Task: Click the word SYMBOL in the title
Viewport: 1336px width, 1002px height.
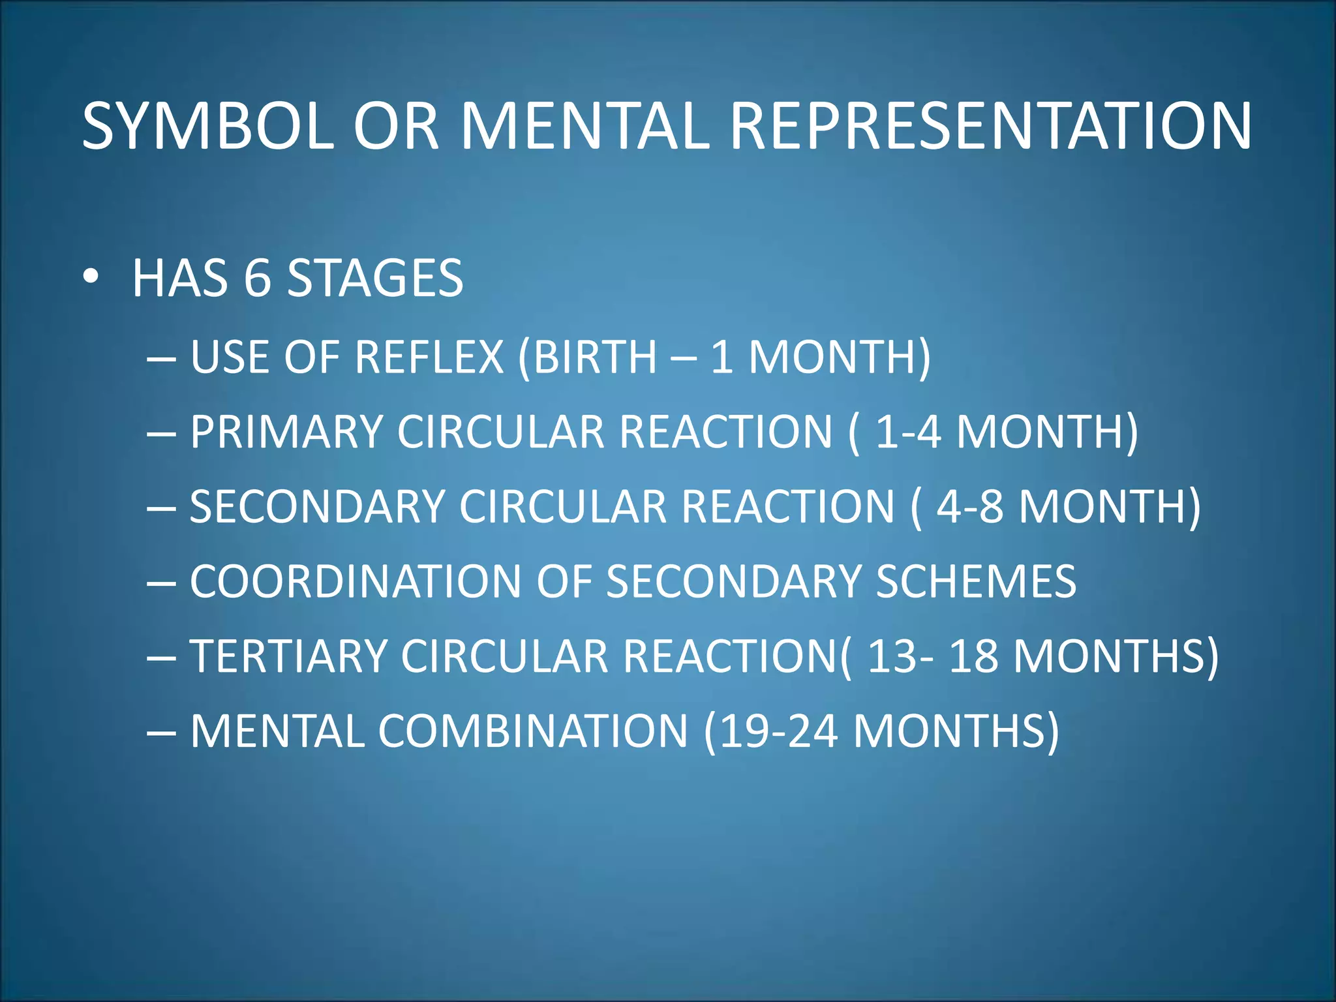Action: pyautogui.click(x=207, y=126)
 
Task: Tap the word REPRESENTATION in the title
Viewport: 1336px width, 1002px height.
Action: pyautogui.click(x=990, y=126)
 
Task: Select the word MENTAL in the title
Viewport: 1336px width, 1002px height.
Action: pyautogui.click(x=584, y=126)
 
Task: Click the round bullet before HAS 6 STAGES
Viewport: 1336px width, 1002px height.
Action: pyautogui.click(x=91, y=277)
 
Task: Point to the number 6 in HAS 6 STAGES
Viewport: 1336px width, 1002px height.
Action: pyautogui.click(x=257, y=279)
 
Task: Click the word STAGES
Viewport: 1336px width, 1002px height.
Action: pyautogui.click(x=375, y=279)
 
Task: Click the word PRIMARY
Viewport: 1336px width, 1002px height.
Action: pyautogui.click(x=286, y=432)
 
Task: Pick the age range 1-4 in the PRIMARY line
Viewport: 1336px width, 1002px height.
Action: pyautogui.click(x=907, y=432)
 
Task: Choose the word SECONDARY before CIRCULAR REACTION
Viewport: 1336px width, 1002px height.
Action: pyautogui.click(x=317, y=507)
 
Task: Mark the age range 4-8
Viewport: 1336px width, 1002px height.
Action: pyautogui.click(x=969, y=507)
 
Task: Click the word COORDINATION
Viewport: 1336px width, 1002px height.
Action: pyautogui.click(x=355, y=581)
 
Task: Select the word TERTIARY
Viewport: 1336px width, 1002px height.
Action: pyautogui.click(x=288, y=656)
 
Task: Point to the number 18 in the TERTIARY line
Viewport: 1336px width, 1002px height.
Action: pyautogui.click(x=973, y=656)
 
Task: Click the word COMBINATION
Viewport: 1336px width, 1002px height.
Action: pyautogui.click(x=533, y=731)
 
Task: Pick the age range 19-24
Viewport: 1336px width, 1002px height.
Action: pyautogui.click(x=779, y=731)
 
